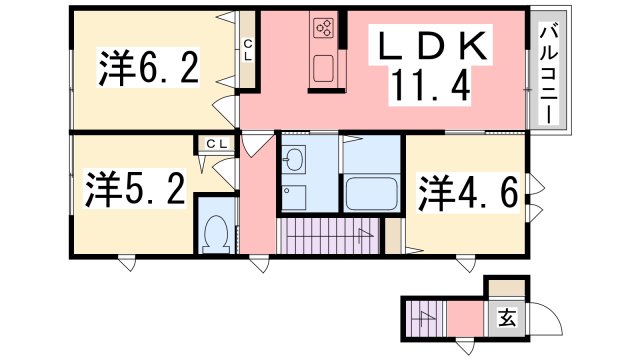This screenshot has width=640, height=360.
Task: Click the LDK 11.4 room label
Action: click(430, 65)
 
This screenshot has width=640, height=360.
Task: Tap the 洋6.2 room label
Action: click(149, 67)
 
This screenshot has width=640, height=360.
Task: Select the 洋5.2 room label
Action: click(136, 189)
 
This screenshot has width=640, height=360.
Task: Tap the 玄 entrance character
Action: click(507, 317)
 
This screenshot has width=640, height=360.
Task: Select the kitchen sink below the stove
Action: click(324, 69)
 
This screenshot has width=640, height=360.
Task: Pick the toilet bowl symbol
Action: click(216, 234)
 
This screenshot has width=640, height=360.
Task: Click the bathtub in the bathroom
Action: click(371, 193)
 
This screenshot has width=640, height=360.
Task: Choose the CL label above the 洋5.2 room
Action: click(216, 144)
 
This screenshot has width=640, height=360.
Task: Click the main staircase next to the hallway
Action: click(329, 236)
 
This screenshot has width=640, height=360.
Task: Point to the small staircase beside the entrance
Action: click(425, 319)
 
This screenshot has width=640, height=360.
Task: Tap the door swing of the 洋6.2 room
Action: click(224, 110)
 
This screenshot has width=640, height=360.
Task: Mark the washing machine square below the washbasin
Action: click(293, 197)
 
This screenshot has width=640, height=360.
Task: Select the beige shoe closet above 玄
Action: click(507, 288)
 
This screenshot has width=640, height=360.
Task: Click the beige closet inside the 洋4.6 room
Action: click(393, 236)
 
